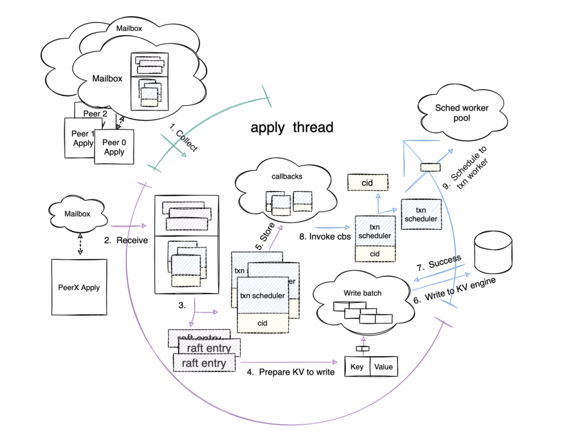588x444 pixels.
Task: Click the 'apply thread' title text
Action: pyautogui.click(x=292, y=128)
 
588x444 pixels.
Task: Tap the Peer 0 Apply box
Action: pyautogui.click(x=114, y=147)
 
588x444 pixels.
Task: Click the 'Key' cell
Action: pyautogui.click(x=357, y=366)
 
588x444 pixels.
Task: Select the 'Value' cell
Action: pyautogui.click(x=383, y=366)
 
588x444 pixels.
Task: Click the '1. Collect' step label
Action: pyautogui.click(x=184, y=137)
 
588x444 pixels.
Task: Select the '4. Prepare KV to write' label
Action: pyautogui.click(x=291, y=372)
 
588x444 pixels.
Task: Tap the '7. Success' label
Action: pyautogui.click(x=439, y=262)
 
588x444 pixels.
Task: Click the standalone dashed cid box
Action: pyautogui.click(x=367, y=183)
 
